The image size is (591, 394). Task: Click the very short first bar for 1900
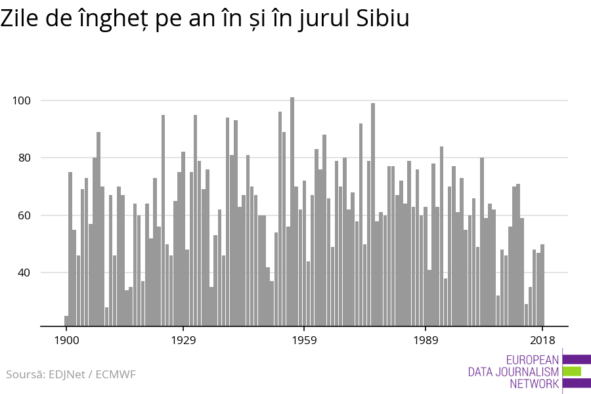click(66, 321)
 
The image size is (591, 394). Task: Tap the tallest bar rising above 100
click(292, 210)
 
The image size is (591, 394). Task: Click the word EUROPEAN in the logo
click(533, 360)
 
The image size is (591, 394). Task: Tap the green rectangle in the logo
click(572, 372)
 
